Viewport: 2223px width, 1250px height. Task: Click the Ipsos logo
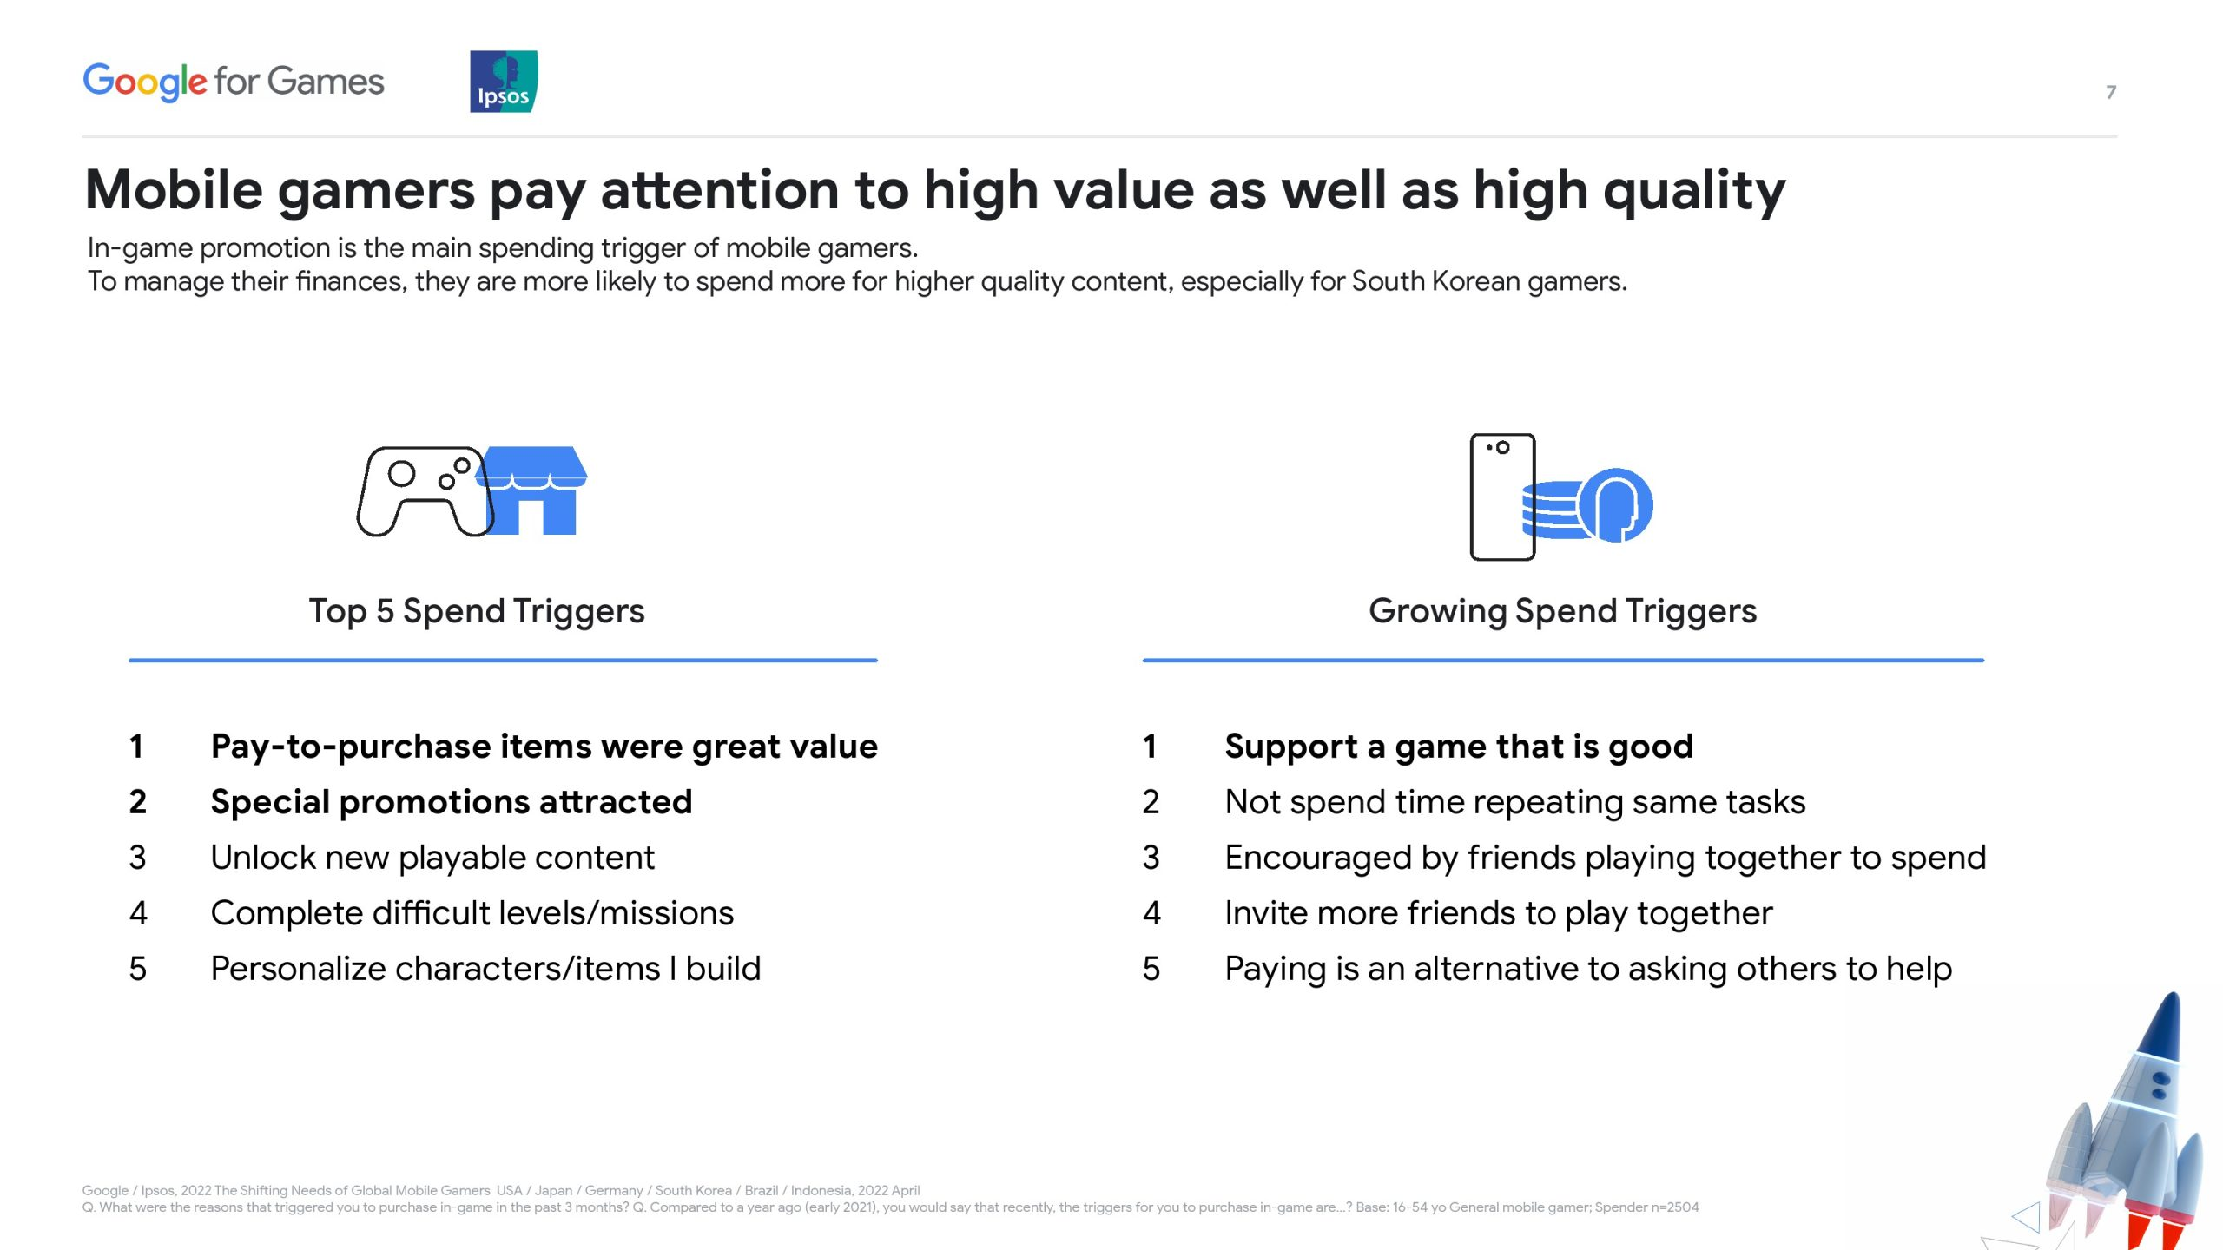[504, 82]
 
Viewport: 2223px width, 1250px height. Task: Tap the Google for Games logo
[233, 82]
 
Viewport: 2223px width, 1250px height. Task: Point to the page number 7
[2111, 92]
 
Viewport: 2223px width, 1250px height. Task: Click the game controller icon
[425, 491]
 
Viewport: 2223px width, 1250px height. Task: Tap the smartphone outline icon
[1502, 497]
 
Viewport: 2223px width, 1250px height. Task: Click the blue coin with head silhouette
[1615, 505]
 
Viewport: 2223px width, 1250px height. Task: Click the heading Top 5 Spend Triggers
[477, 611]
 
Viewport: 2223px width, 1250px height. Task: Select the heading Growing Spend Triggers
[1562, 611]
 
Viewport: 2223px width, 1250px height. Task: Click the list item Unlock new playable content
[432, 858]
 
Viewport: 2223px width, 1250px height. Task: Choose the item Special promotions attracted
[452, 802]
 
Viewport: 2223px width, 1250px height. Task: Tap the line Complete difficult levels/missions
[472, 913]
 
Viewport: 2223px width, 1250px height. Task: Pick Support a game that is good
[1459, 747]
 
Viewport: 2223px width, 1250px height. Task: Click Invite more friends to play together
[1499, 913]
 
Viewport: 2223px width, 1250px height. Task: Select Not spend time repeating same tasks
[1515, 802]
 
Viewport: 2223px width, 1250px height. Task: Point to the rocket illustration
[2110, 1128]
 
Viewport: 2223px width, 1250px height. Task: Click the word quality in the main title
[1694, 190]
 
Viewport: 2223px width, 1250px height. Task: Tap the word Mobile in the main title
[175, 190]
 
